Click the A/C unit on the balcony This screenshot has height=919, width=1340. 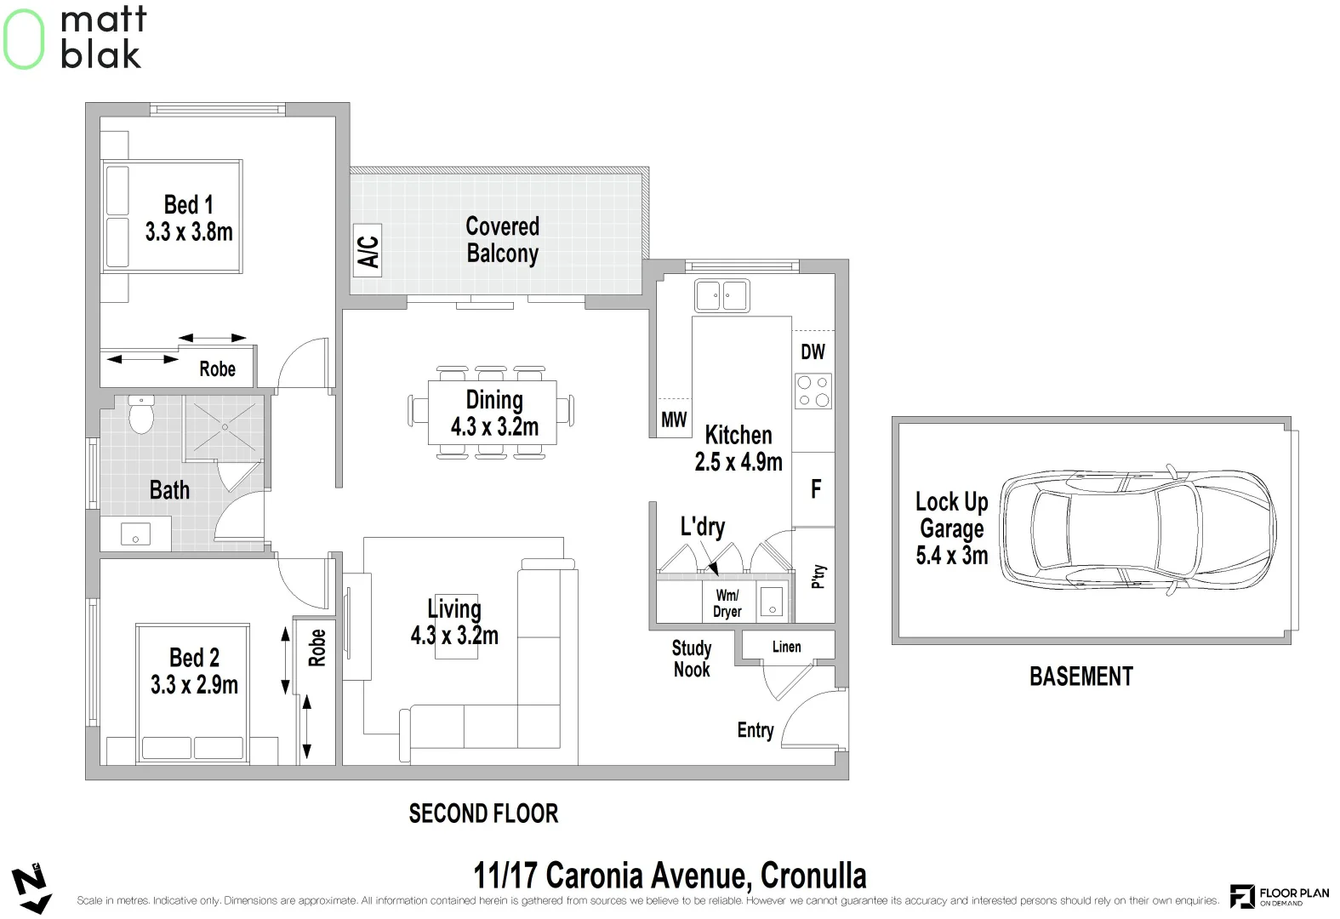[x=368, y=251]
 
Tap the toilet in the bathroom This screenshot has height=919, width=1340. [x=141, y=414]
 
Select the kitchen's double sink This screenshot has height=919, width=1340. [x=722, y=296]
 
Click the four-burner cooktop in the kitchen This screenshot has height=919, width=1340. [x=813, y=391]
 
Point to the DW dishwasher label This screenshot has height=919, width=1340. [x=813, y=351]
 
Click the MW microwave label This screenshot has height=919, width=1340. [x=674, y=420]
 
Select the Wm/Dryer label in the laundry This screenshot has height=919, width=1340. [x=727, y=603]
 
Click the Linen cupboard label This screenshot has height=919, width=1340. [x=787, y=647]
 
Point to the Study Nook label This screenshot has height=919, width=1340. [x=692, y=658]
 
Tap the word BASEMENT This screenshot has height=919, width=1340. [x=1081, y=676]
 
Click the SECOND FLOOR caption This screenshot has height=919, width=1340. [x=483, y=813]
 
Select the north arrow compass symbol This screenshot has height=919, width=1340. [x=31, y=888]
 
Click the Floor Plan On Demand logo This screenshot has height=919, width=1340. [x=1280, y=896]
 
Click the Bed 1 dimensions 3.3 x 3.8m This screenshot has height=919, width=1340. [x=189, y=231]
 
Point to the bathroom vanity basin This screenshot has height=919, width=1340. [x=136, y=534]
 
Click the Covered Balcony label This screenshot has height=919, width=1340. [x=503, y=239]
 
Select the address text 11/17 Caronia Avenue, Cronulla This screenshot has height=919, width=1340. [x=670, y=876]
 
